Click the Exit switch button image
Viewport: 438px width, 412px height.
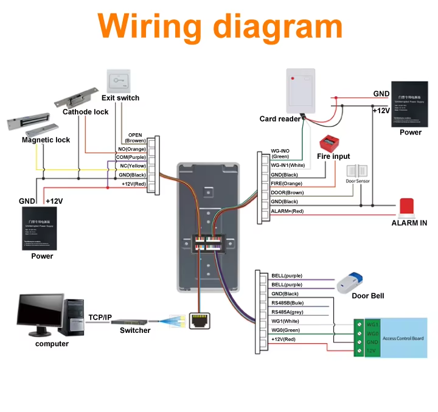pos(119,81)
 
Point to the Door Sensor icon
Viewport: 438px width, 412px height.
pos(356,173)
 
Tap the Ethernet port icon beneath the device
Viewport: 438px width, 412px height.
pos(198,321)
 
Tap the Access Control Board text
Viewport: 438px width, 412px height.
pos(404,338)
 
